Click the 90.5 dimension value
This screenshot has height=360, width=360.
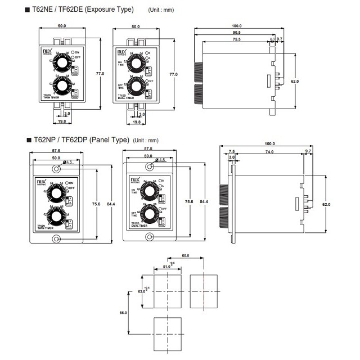[x=236, y=33]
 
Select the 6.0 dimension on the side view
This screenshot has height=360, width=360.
[x=272, y=39]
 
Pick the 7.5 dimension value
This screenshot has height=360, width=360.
[x=232, y=152]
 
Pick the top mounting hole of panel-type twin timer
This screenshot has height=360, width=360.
[x=56, y=167]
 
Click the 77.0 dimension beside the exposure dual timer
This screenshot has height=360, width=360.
[x=174, y=74]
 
